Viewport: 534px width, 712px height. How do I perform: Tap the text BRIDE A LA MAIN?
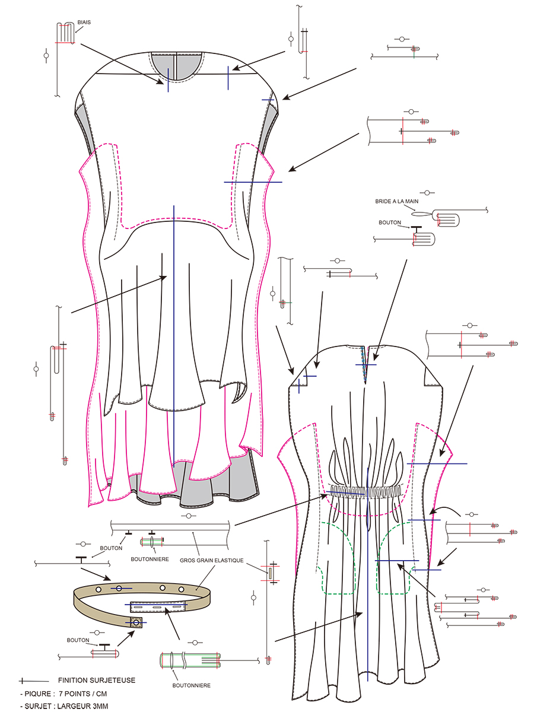[397, 202]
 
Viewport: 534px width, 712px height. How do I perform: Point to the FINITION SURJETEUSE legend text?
[97, 680]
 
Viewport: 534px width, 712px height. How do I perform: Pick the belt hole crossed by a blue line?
[119, 587]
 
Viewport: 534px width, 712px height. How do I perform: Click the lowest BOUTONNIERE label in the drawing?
[191, 685]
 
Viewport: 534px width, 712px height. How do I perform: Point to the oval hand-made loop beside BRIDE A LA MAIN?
[421, 215]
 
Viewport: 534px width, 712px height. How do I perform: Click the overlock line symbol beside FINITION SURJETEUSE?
[33, 681]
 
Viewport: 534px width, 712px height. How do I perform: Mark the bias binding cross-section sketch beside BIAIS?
[65, 33]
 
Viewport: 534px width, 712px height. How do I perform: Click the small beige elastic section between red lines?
[269, 573]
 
